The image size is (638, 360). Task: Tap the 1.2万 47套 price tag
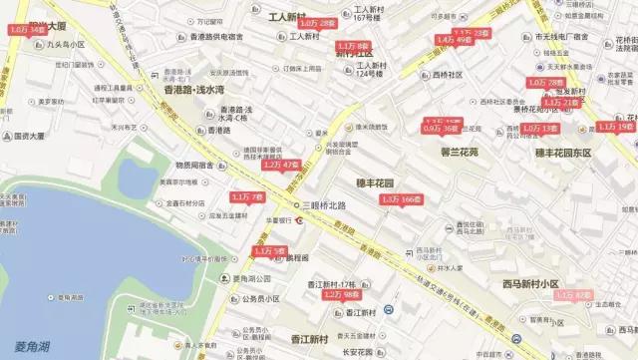[x=280, y=164]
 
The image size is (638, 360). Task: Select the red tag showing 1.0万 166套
[x=402, y=199]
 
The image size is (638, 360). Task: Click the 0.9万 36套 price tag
[x=440, y=129]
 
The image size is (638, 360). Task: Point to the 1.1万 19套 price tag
[x=615, y=127]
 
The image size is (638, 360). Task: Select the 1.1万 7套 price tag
[x=247, y=197]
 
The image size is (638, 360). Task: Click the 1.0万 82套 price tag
[x=573, y=295]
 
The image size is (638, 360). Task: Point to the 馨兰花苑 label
[x=460, y=153]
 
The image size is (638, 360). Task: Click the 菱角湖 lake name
[x=36, y=348]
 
